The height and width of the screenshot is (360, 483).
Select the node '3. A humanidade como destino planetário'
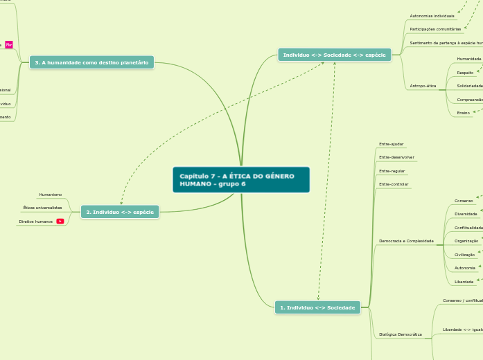pyautogui.click(x=91, y=63)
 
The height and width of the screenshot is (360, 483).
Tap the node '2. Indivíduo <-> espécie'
pyautogui.click(x=120, y=212)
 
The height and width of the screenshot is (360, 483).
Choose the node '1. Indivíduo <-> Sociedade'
pyautogui.click(x=317, y=307)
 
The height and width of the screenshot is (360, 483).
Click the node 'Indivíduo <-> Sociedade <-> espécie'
pyautogui.click(x=334, y=54)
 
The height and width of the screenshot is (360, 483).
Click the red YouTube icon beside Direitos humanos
pyautogui.click(x=60, y=222)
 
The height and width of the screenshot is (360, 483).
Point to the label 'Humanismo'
pyautogui.click(x=51, y=195)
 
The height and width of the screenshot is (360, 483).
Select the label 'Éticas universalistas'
pyautogui.click(x=42, y=208)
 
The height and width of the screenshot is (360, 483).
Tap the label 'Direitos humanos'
pyautogui.click(x=35, y=222)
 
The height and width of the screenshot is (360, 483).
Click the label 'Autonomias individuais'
pyautogui.click(x=432, y=15)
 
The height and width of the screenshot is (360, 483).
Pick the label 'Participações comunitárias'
pyautogui.click(x=435, y=29)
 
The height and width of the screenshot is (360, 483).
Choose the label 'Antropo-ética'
pyautogui.click(x=423, y=86)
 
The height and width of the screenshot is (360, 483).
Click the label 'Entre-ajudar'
pyautogui.click(x=392, y=143)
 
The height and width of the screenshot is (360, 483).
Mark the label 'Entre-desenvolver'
pyautogui.click(x=396, y=157)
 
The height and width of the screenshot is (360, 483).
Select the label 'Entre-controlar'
pyautogui.click(x=394, y=184)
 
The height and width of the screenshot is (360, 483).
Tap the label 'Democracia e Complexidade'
pyautogui.click(x=406, y=241)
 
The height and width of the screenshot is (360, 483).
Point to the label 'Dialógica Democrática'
pyautogui.click(x=401, y=334)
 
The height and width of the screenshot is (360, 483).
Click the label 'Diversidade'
pyautogui.click(x=466, y=214)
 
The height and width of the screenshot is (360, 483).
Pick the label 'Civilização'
pyautogui.click(x=464, y=255)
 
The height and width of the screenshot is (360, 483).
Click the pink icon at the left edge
pyautogui.click(x=9, y=45)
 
